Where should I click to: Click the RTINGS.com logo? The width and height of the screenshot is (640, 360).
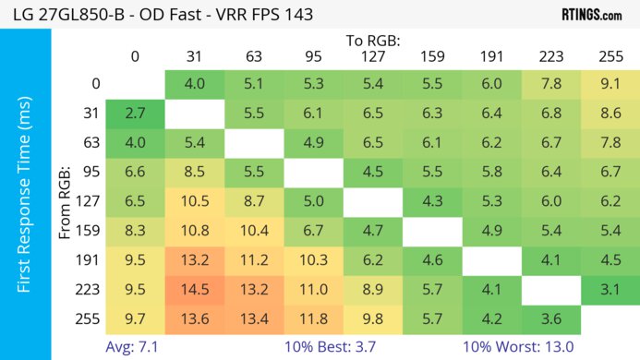click(591, 15)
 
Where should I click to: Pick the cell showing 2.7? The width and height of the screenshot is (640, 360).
click(135, 114)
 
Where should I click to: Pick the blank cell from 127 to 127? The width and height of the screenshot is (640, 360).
click(372, 200)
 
